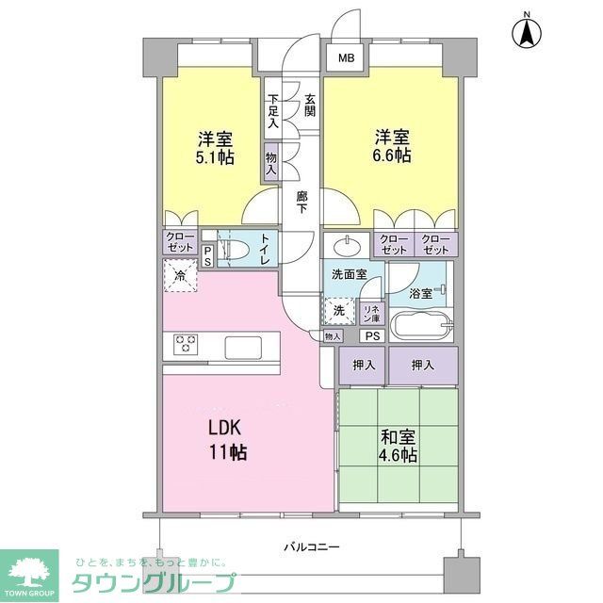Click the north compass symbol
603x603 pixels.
(528, 33)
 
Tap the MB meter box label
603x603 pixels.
(347, 59)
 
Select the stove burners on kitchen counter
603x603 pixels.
(183, 345)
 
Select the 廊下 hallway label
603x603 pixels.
(301, 203)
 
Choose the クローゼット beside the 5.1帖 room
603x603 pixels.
(178, 242)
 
